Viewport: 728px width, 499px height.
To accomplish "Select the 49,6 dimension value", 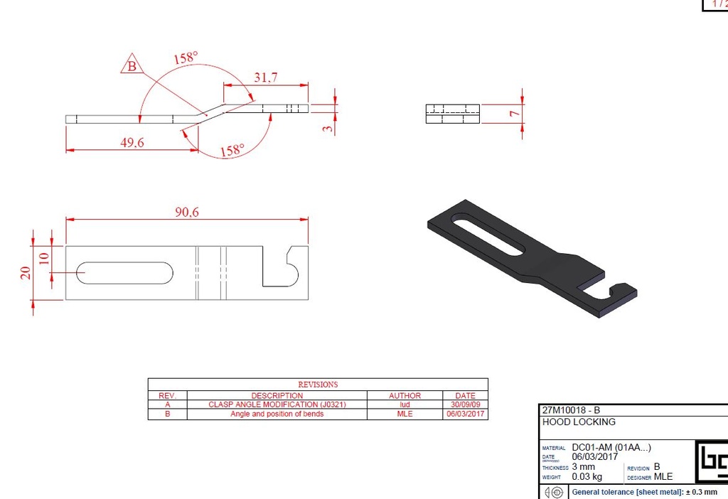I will (x=132, y=143).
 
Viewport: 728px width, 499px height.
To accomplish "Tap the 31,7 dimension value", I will (x=265, y=77).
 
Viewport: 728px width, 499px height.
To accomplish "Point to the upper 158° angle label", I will (x=185, y=58).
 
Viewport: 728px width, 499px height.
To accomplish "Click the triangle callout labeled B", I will (x=132, y=67).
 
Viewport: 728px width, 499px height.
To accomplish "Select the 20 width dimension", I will (x=26, y=273).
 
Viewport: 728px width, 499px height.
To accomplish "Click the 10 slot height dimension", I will (x=43, y=258).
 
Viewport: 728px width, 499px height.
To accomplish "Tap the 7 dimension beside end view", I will (x=512, y=113).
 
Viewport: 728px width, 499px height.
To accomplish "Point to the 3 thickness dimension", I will (x=328, y=129).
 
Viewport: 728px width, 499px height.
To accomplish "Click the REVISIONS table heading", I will (x=318, y=385).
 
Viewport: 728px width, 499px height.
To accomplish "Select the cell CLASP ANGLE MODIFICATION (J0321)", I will (x=277, y=404).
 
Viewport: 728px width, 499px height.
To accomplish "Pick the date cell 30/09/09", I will (x=465, y=404).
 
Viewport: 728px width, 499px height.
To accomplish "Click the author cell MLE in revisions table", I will (x=405, y=414).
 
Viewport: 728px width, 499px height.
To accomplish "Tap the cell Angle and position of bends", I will (x=277, y=414).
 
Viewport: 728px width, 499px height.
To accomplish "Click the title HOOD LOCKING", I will (x=569, y=422).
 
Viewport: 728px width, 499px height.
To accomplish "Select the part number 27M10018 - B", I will (x=571, y=410).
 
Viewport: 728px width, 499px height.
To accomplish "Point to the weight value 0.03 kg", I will (x=587, y=477).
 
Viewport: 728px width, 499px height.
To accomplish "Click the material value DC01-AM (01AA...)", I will (x=611, y=447).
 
